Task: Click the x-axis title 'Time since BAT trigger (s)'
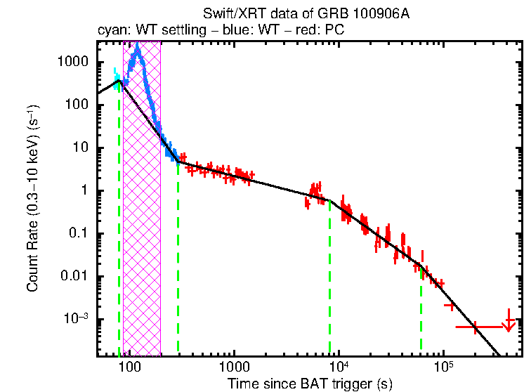click(310, 384)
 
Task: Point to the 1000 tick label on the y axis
click(72, 62)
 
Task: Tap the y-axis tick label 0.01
click(76, 276)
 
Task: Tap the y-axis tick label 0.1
click(79, 233)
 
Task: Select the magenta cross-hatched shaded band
click(142, 211)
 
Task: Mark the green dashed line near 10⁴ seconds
click(329, 281)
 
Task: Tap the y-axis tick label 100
click(76, 105)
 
